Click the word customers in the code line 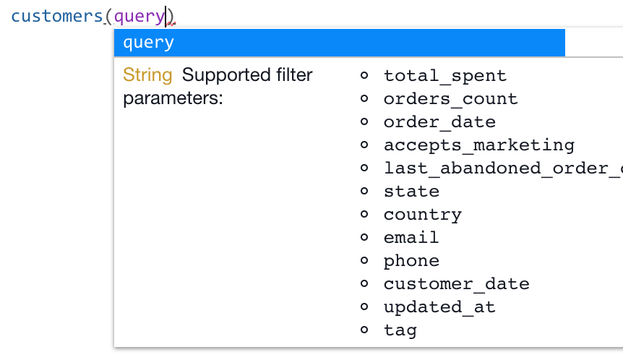click(x=57, y=16)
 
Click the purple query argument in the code click(x=139, y=16)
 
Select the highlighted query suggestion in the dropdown click(x=339, y=43)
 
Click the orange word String click(x=147, y=75)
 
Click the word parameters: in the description click(x=173, y=98)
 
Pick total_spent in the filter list click(x=445, y=76)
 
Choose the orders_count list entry click(x=450, y=99)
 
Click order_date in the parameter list click(x=439, y=122)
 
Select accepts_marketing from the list click(x=478, y=145)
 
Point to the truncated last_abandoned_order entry click(x=502, y=168)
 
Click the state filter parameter click(x=411, y=192)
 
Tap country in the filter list click(x=422, y=215)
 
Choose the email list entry click(x=411, y=238)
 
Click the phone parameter click(x=411, y=261)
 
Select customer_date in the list click(x=456, y=284)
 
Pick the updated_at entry click(x=439, y=307)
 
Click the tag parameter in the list click(x=400, y=330)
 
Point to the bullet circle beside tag click(x=364, y=330)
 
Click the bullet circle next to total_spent click(x=364, y=75)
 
